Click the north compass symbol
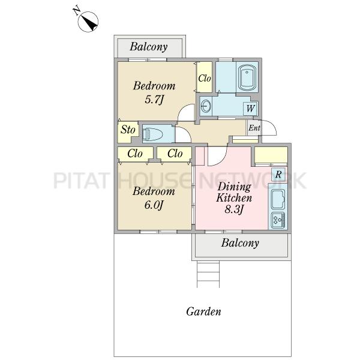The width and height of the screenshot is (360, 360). pyautogui.click(x=88, y=22)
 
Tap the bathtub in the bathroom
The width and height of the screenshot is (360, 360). pyautogui.click(x=247, y=78)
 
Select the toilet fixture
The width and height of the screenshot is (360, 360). pyautogui.click(x=152, y=134)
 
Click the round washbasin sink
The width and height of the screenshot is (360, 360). pyautogui.click(x=206, y=106)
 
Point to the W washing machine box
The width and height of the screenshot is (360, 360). pyautogui.click(x=250, y=108)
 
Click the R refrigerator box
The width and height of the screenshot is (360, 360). pyautogui.click(x=278, y=175)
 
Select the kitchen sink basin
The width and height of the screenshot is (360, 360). pyautogui.click(x=278, y=199)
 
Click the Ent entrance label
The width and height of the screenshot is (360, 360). pyautogui.click(x=254, y=128)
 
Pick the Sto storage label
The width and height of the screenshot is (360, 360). pyautogui.click(x=128, y=130)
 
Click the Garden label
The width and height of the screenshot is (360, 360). pyautogui.click(x=203, y=311)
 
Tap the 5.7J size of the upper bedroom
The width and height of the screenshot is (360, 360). pyautogui.click(x=154, y=100)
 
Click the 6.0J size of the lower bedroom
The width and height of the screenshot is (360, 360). pyautogui.click(x=154, y=205)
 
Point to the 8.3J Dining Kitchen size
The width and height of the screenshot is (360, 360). pyautogui.click(x=234, y=209)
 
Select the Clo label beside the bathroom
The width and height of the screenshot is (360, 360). pyautogui.click(x=205, y=79)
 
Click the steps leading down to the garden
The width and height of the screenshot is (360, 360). pyautogui.click(x=208, y=274)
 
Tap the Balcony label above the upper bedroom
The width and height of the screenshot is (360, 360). pyautogui.click(x=149, y=47)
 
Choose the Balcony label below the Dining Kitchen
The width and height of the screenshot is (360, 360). pyautogui.click(x=240, y=243)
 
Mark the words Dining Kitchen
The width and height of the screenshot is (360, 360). pyautogui.click(x=234, y=192)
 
